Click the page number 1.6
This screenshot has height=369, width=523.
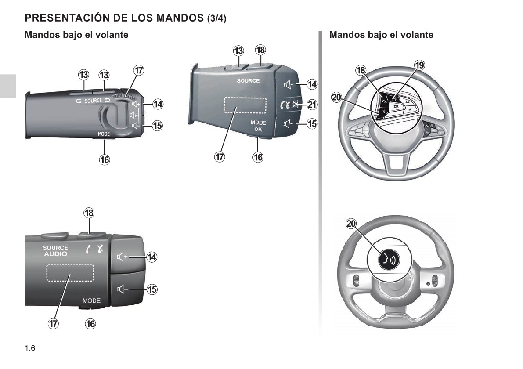[30, 348]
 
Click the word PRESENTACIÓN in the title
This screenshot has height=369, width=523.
[66, 18]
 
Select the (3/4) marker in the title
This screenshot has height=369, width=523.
[216, 18]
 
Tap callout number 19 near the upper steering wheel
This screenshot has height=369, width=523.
[419, 65]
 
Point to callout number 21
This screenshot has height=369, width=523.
[312, 105]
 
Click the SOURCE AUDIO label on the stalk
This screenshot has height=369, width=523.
[55, 251]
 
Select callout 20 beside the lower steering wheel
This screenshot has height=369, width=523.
[351, 224]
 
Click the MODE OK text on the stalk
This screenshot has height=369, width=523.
[258, 126]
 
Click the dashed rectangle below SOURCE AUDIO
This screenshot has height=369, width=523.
[70, 273]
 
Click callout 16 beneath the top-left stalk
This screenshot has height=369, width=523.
[105, 160]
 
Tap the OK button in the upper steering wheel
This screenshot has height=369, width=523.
[396, 106]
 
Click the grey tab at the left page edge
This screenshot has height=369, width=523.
[7, 86]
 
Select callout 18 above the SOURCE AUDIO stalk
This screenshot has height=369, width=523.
[89, 213]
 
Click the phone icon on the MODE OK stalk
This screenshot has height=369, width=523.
[285, 105]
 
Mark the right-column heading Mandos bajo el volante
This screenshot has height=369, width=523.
[381, 35]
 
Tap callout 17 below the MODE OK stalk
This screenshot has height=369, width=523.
[220, 157]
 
